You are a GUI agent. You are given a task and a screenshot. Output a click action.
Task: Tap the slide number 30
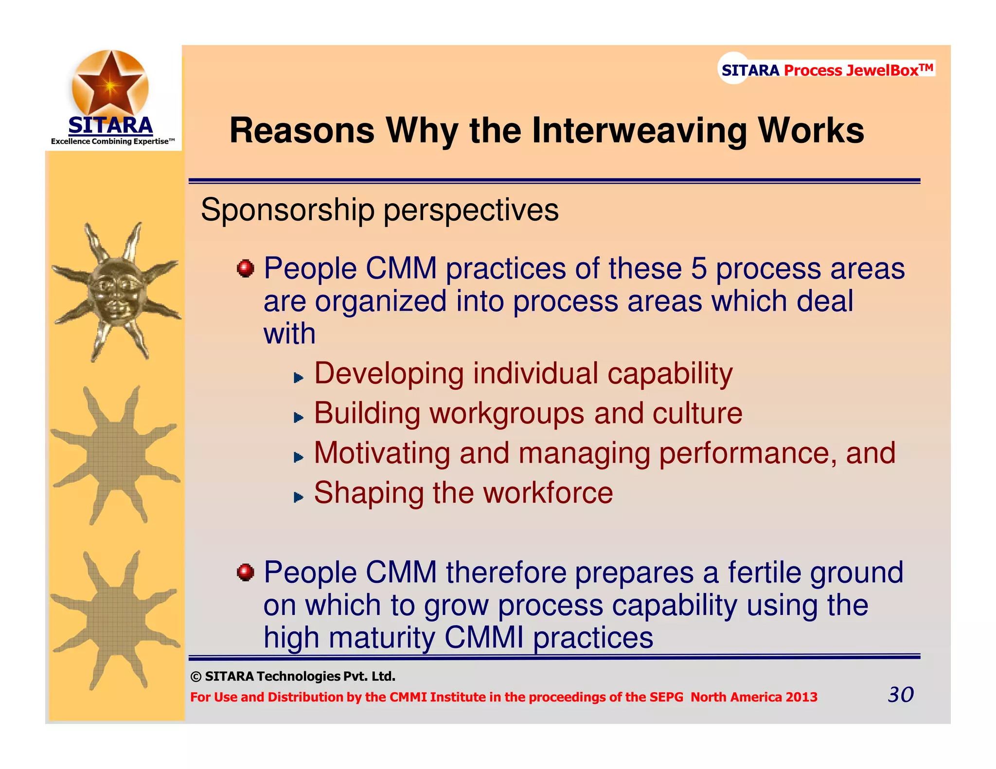900,695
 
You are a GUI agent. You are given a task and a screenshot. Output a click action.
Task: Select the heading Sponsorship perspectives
379,210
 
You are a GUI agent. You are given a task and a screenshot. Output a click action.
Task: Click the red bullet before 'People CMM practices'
246,268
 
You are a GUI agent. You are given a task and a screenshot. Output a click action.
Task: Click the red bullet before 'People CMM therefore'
246,572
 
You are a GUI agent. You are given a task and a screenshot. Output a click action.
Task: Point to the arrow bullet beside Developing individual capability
299,378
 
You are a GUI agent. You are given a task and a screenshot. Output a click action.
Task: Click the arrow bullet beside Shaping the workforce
299,497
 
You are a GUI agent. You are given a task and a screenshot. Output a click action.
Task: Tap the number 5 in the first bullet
698,268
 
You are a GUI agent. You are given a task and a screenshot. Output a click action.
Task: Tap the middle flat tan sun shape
115,455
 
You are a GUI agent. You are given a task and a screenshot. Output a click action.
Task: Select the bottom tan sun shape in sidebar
115,620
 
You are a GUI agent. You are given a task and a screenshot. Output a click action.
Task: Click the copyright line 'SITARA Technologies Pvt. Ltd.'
300,676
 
